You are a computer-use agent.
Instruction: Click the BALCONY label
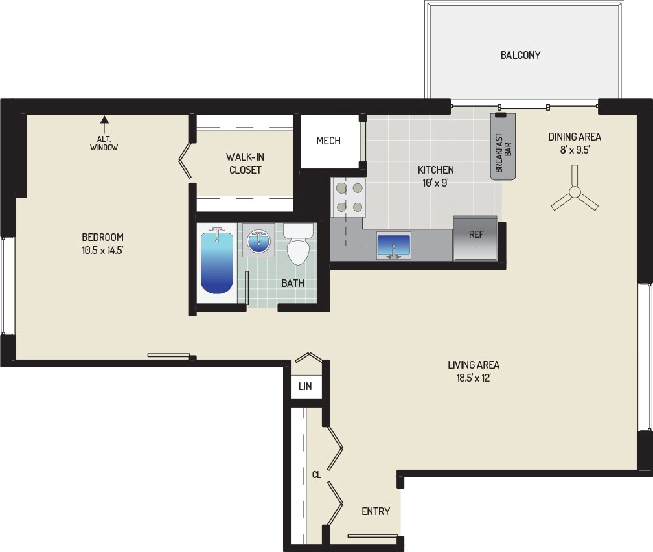pos(520,55)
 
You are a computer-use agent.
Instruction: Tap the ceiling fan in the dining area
pos(575,193)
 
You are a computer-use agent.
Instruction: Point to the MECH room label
pos(328,141)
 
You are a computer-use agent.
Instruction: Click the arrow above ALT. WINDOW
pos(104,119)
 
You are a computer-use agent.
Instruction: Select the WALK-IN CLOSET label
pos(244,163)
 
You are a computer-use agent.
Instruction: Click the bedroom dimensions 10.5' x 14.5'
pos(102,249)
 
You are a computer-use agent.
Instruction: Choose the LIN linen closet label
pos(305,386)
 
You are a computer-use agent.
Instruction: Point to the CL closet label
pos(317,475)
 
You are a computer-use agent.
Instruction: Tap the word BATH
pos(293,283)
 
